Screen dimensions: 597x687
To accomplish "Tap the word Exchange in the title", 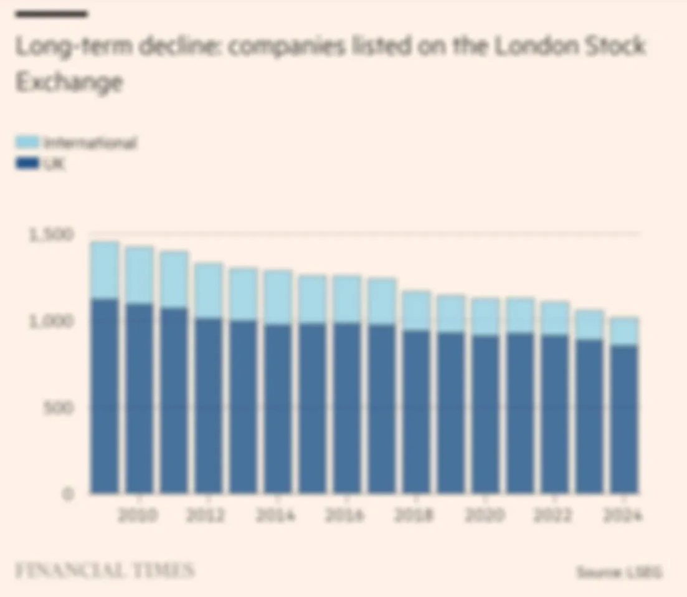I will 69,82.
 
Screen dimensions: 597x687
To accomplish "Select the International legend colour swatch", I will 27,142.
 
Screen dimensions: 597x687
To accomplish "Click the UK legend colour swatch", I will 27,164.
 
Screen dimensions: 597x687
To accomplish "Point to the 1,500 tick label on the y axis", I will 50,234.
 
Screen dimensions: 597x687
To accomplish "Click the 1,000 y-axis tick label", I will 50,321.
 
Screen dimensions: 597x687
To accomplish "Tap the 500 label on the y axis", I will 60,408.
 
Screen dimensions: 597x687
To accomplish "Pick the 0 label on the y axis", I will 69,494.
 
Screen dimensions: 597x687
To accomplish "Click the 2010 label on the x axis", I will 138,516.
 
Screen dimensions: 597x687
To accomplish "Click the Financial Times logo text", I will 105,571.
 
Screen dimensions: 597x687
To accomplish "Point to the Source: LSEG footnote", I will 618,572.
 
